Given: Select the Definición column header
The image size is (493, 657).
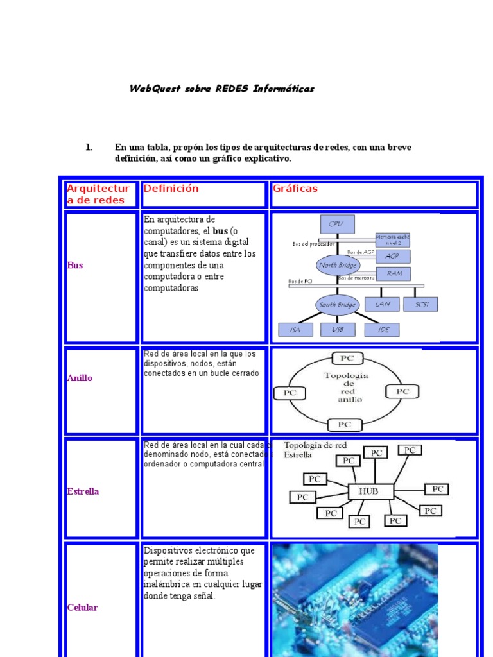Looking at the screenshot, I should click(x=171, y=189).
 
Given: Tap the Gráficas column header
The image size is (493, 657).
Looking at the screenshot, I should click(x=295, y=189).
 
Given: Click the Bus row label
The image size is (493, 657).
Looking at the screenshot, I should click(x=75, y=265).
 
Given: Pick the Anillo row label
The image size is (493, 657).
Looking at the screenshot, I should click(x=80, y=378).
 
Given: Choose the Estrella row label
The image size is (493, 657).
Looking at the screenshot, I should click(x=83, y=491).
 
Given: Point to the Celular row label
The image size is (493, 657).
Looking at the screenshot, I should click(x=82, y=607).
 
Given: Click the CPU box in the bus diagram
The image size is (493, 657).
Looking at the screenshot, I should click(x=336, y=224).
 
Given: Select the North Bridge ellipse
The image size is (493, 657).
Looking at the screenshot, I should click(x=338, y=265).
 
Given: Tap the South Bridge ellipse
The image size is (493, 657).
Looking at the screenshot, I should click(x=337, y=305).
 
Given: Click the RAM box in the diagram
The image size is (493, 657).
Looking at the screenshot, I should click(x=394, y=273).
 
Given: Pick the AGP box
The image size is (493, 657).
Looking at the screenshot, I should click(x=392, y=256).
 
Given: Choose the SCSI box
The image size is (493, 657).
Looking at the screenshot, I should click(x=421, y=304).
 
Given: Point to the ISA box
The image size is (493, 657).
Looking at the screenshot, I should click(x=295, y=330).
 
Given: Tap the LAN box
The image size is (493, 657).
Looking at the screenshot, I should click(x=382, y=304).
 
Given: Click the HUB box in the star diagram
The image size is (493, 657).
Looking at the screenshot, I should click(x=368, y=492).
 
